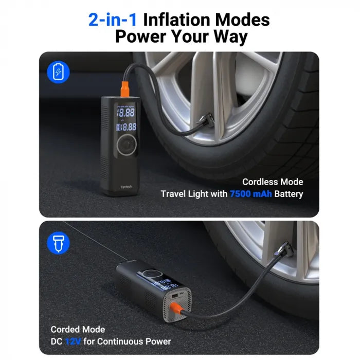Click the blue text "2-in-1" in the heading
[x=113, y=20]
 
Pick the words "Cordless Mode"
[x=273, y=182]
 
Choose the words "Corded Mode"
[x=78, y=329]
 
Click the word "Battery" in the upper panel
[x=288, y=194]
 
